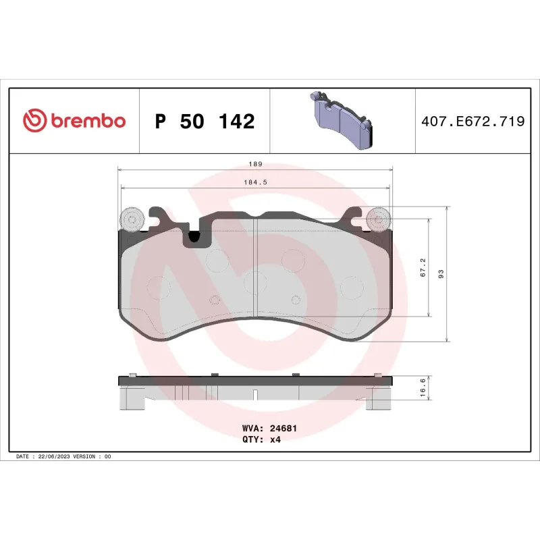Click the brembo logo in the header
click(74, 121)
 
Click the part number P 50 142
click(205, 122)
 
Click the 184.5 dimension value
click(254, 182)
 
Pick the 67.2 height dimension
click(423, 267)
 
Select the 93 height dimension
click(441, 273)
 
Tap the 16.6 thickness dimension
click(423, 387)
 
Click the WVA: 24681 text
click(270, 428)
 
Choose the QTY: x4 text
click(261, 439)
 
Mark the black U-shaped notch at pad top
click(194, 237)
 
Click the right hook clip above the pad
click(352, 217)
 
